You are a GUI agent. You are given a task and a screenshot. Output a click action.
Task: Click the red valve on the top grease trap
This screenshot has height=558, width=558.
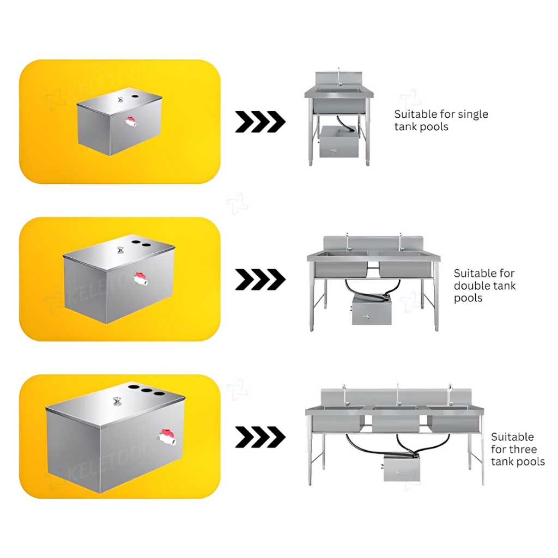(131, 122)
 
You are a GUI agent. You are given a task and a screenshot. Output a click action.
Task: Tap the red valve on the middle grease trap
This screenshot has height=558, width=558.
(140, 279)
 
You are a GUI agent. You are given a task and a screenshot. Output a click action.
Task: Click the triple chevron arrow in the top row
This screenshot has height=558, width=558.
(260, 122)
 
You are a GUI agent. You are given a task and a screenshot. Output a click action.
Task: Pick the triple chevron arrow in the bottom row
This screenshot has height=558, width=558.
(260, 437)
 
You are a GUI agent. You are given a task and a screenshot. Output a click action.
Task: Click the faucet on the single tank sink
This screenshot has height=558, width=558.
(339, 78)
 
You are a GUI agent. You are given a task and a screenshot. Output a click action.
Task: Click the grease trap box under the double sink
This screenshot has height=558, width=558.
(372, 310)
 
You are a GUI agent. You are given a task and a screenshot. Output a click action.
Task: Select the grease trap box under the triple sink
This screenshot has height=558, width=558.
(403, 468)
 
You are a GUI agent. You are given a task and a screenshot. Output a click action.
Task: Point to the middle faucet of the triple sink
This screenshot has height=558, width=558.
(398, 393)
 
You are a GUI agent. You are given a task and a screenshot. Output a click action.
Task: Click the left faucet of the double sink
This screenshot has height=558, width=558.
(347, 241)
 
